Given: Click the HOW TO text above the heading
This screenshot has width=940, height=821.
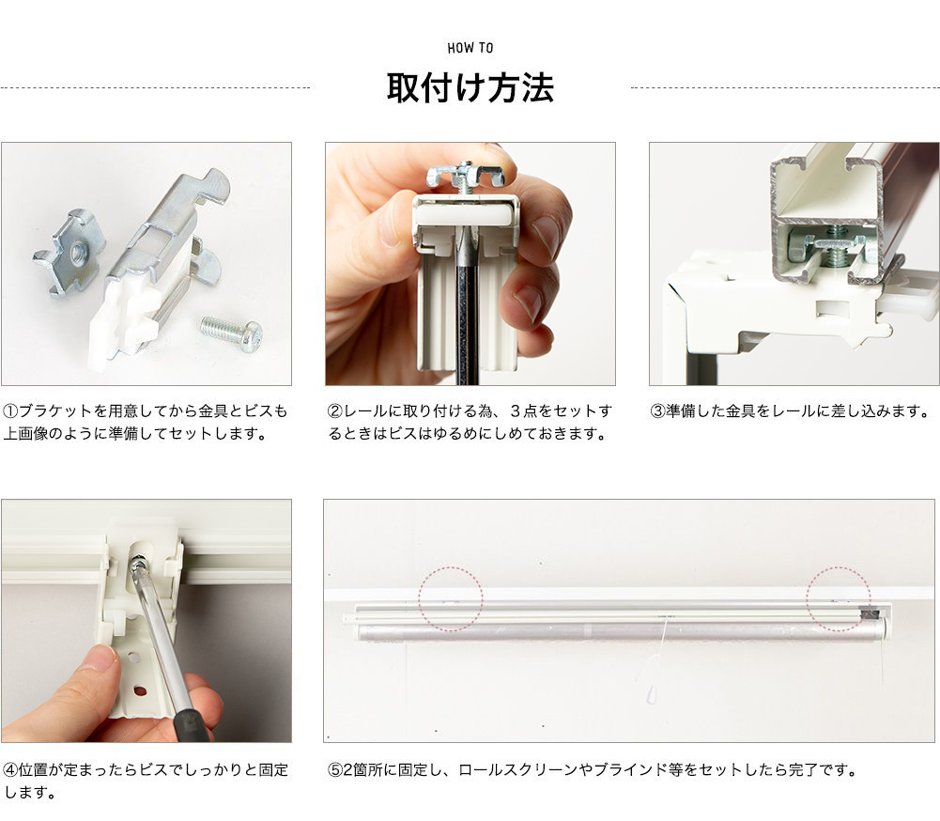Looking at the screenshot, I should tap(470, 48).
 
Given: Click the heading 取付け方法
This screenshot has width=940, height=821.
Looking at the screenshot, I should tap(470, 87).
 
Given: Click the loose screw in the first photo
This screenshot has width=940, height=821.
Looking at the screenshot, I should tap(231, 333).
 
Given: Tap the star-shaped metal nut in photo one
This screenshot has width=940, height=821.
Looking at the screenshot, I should tap(69, 251).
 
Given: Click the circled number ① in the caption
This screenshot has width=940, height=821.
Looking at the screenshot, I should tap(10, 411).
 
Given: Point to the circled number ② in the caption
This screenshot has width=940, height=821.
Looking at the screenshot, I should tap(334, 411).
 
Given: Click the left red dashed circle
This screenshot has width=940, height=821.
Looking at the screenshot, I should tap(451, 598).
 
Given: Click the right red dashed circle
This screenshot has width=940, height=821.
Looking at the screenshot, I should tap(839, 598).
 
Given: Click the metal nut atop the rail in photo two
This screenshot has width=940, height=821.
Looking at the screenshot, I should tap(465, 175).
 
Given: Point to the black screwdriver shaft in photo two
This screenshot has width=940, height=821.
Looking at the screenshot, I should tap(466, 310).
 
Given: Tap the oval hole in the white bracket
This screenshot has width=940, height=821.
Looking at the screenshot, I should tap(139, 690).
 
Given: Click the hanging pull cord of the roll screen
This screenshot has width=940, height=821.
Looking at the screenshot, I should tap(658, 658).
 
